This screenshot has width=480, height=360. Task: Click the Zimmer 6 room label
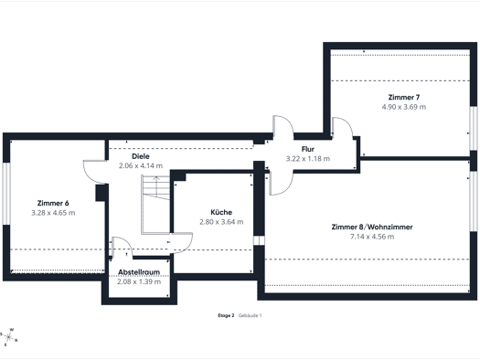pyautogui.click(x=53, y=203)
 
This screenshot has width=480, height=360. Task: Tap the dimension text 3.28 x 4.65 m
pyautogui.click(x=53, y=213)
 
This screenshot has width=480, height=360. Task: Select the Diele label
pyautogui.click(x=141, y=156)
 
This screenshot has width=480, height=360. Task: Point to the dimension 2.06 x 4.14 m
pyautogui.click(x=141, y=165)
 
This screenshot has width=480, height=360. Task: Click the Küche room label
pyautogui.click(x=221, y=212)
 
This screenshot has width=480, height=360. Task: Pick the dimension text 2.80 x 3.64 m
pyautogui.click(x=221, y=222)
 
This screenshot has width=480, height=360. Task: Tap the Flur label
pyautogui.click(x=308, y=149)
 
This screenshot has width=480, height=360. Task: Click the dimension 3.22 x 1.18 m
pyautogui.click(x=308, y=159)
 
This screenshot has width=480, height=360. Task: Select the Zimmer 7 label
pyautogui.click(x=404, y=97)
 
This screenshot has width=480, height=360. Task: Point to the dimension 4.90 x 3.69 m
pyautogui.click(x=404, y=107)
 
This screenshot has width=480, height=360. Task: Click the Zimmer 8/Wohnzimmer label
pyautogui.click(x=372, y=227)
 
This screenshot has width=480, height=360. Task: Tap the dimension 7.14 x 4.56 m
pyautogui.click(x=372, y=237)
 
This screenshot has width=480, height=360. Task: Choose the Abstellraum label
pyautogui.click(x=139, y=272)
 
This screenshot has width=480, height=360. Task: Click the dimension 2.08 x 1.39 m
pyautogui.click(x=139, y=281)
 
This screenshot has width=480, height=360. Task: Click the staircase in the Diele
pyautogui.click(x=155, y=205)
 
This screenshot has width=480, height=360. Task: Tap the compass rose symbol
pyautogui.click(x=9, y=337)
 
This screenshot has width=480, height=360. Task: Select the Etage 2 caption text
pyautogui.click(x=226, y=315)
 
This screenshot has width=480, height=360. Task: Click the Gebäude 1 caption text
pyautogui.click(x=251, y=315)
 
